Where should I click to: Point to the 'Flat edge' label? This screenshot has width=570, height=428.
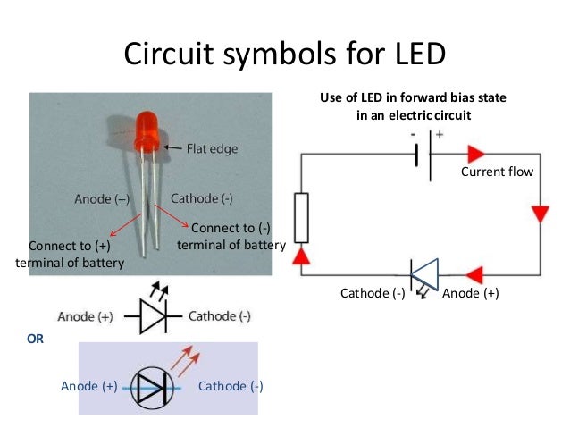coord(212,149)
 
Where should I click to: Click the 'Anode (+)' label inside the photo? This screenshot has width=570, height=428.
coord(100,198)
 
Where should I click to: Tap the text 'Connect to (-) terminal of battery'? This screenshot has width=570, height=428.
coord(231,237)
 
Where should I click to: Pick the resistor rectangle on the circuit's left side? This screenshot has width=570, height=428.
coord(301,217)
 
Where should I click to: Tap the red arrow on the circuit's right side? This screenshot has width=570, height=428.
coord(540,214)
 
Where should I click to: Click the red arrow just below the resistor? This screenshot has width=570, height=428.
coord(301,256)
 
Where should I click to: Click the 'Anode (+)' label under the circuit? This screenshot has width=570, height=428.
coord(471,292)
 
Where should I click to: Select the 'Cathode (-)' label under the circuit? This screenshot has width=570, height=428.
coord(373,292)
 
